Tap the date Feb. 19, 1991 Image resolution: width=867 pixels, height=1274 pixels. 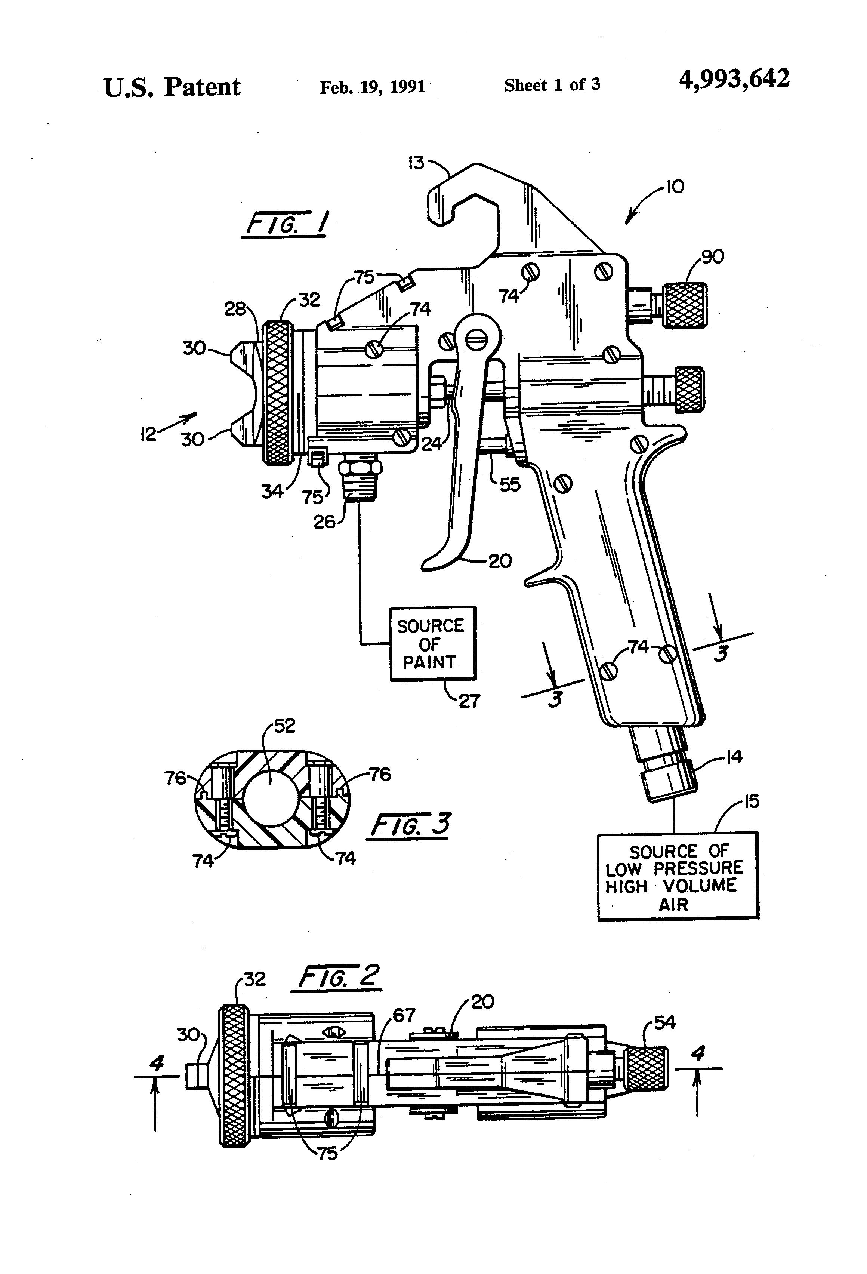pos(372,87)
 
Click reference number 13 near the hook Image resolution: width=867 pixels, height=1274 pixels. pos(417,163)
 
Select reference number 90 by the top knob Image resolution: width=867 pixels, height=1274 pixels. pos(712,256)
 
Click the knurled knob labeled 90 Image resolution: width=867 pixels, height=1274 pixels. pos(685,305)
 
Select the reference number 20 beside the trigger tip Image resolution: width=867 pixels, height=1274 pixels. pos(500,561)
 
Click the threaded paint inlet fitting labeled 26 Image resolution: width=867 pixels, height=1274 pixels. pos(360,478)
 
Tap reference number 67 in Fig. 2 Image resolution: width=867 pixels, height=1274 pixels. pos(404,1015)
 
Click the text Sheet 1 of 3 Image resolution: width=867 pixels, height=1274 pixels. pos(552,85)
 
